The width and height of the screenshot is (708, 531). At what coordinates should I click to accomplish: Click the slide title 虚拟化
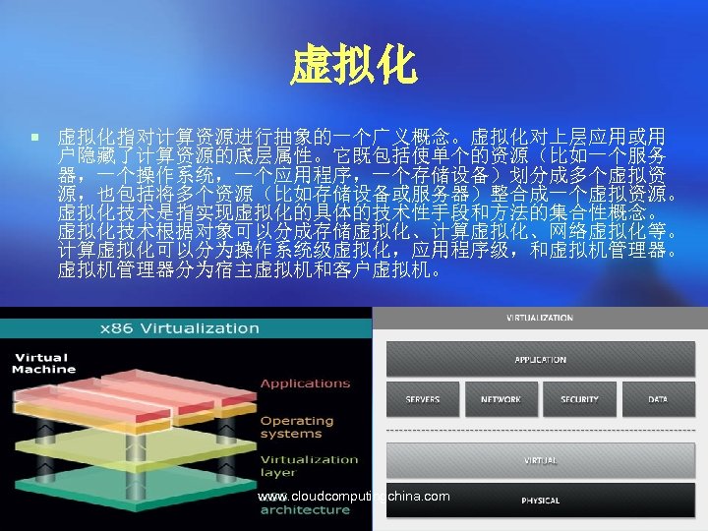pos(353,67)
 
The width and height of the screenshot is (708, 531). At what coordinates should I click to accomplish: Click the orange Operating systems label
pos(297,427)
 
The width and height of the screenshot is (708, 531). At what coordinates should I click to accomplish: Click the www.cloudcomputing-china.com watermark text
pos(354,497)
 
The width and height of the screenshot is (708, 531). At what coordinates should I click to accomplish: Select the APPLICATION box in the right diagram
pos(540,360)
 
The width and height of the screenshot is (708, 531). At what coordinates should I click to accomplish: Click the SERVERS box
pos(423,399)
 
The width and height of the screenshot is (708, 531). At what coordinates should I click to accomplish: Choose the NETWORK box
pos(501,399)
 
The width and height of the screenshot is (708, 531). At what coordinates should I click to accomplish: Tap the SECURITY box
pos(579,399)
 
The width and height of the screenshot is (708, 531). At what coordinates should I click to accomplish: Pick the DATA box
pos(658,399)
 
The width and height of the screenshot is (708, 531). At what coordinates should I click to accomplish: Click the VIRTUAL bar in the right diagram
pos(540,460)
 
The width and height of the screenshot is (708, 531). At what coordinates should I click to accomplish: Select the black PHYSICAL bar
pos(540,501)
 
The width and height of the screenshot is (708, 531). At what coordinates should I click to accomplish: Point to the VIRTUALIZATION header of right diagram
pos(540,319)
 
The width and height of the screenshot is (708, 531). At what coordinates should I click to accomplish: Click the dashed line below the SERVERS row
pos(540,431)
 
